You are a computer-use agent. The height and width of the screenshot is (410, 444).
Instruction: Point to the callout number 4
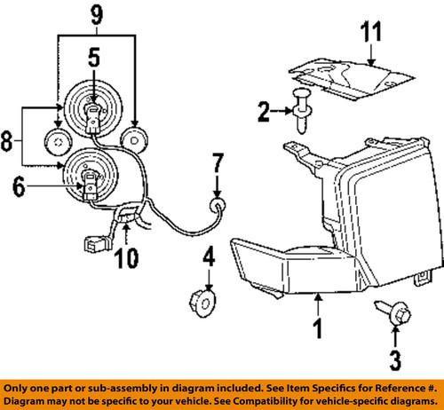click(x=208, y=263)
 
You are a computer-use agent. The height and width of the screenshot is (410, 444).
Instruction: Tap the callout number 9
click(x=98, y=15)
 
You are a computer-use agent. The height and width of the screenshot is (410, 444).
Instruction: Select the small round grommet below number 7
click(x=214, y=207)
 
